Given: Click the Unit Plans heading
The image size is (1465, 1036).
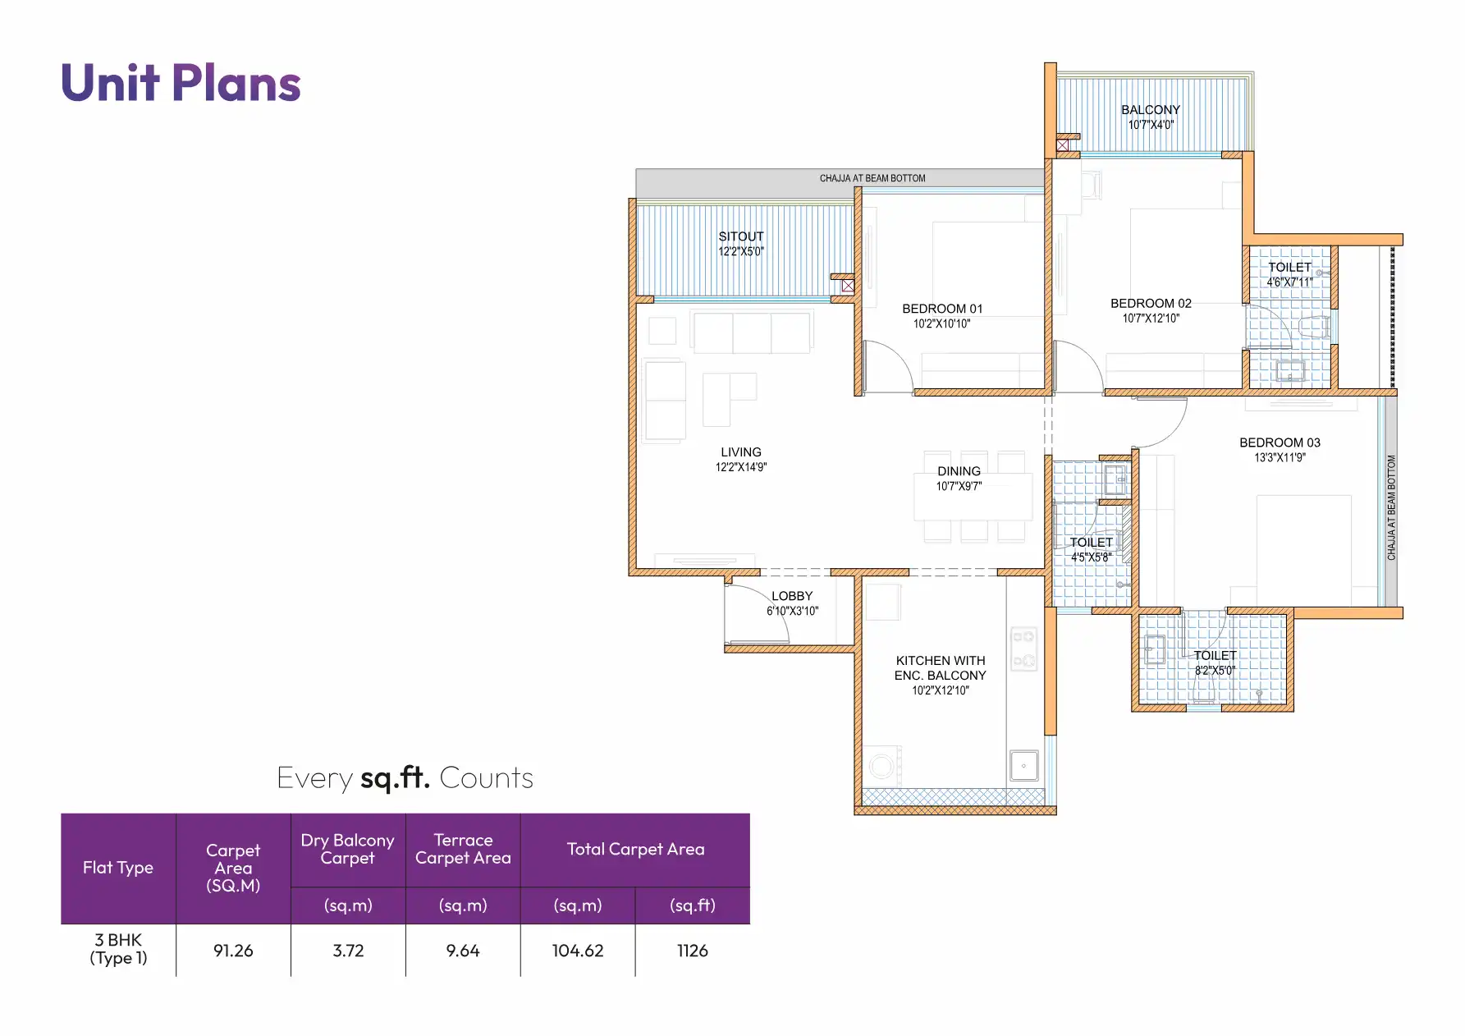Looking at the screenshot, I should pyautogui.click(x=181, y=84).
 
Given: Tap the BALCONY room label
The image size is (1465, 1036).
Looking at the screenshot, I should pyautogui.click(x=1150, y=110).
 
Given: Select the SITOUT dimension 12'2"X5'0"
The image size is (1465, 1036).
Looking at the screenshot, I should pyautogui.click(x=740, y=251).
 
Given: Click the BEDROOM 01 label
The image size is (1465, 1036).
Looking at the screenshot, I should pyautogui.click(x=941, y=309).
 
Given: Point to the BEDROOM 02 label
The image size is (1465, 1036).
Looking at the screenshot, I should pyautogui.click(x=1150, y=304).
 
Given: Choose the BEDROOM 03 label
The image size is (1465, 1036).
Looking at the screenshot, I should pyautogui.click(x=1279, y=442).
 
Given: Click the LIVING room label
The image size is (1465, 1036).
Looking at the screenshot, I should pyautogui.click(x=740, y=452).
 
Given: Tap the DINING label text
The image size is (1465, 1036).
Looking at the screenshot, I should pyautogui.click(x=958, y=471).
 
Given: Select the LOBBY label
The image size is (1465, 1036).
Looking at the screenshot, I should pyautogui.click(x=791, y=596).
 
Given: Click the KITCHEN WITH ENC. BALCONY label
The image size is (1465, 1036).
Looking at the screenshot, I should pyautogui.click(x=940, y=667).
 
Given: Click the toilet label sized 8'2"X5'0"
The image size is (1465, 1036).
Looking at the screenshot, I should pyautogui.click(x=1214, y=662).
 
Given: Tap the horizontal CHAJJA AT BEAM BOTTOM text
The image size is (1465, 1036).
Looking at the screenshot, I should pyautogui.click(x=872, y=178).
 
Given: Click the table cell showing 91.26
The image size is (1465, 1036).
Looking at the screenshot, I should pyautogui.click(x=233, y=951).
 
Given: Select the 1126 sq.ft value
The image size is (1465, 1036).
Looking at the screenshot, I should pyautogui.click(x=692, y=951).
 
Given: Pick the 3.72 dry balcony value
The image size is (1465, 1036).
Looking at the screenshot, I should pyautogui.click(x=348, y=951).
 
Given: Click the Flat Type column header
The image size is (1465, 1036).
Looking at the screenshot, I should pyautogui.click(x=118, y=868).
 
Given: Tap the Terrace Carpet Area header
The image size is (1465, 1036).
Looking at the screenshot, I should pyautogui.click(x=463, y=849).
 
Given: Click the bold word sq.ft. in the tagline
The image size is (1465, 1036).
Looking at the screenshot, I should pyautogui.click(x=395, y=777).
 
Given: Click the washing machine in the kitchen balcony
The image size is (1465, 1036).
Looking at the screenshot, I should pyautogui.click(x=882, y=766).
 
